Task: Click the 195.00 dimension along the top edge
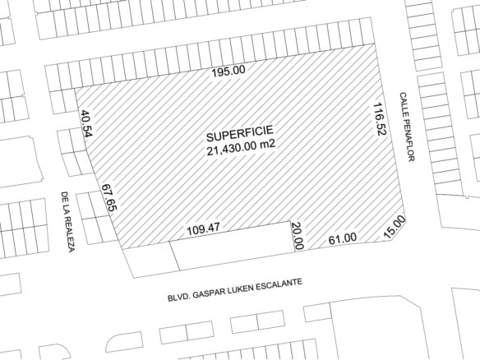click(228, 71)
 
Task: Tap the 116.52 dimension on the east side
click(379, 120)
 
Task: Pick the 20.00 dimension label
click(298, 235)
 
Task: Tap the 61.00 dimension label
click(342, 238)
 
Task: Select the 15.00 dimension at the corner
click(395, 227)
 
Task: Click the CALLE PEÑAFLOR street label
click(404, 127)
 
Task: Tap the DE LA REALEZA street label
click(68, 221)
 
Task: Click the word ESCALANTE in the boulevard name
click(276, 284)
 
